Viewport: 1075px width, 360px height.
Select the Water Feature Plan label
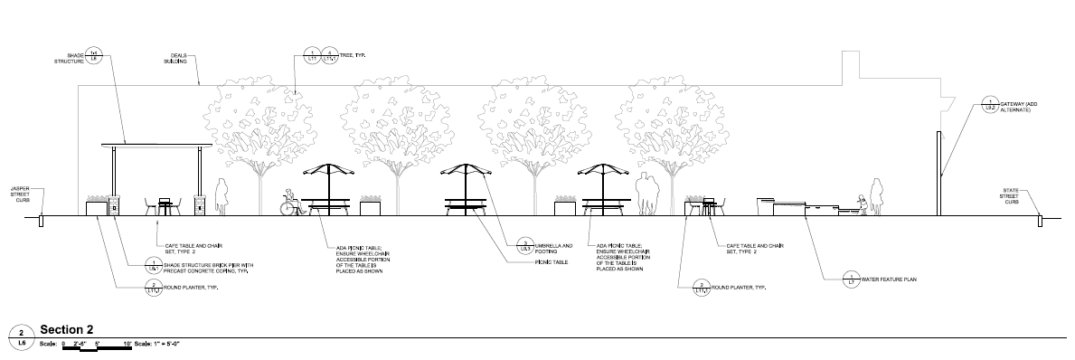click(x=889, y=279)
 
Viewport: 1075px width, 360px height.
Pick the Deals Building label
click(x=175, y=59)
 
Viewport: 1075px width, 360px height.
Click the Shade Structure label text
click(x=69, y=58)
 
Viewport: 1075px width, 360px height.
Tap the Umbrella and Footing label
click(x=554, y=247)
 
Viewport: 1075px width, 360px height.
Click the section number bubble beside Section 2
click(x=21, y=336)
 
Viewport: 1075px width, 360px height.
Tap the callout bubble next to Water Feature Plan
click(x=851, y=279)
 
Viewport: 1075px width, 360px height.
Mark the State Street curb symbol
click(x=1040, y=219)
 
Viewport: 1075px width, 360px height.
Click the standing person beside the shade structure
click(x=220, y=197)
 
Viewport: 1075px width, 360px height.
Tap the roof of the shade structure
click(x=156, y=144)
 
